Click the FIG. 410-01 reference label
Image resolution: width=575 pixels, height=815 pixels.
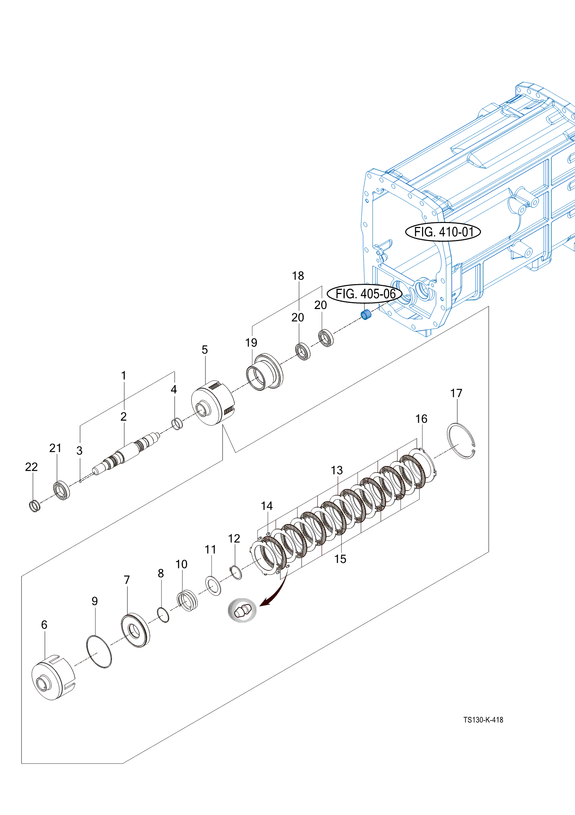(x=443, y=232)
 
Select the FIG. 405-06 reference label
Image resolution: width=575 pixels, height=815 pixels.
(x=365, y=294)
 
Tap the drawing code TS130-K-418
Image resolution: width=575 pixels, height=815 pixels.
(x=483, y=720)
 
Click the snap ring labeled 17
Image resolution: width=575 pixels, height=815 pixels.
(x=461, y=441)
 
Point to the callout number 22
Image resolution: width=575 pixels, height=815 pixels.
(x=31, y=467)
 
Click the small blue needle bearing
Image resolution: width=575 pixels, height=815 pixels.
(x=366, y=314)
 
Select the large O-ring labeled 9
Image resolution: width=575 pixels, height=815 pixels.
(x=99, y=651)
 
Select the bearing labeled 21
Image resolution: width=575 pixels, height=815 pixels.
(x=61, y=490)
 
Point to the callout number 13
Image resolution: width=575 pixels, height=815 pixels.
(x=337, y=470)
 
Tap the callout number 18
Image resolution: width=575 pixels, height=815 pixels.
(x=298, y=276)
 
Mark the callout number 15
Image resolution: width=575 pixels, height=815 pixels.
(x=340, y=559)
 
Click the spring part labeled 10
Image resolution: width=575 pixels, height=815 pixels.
(x=187, y=600)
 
